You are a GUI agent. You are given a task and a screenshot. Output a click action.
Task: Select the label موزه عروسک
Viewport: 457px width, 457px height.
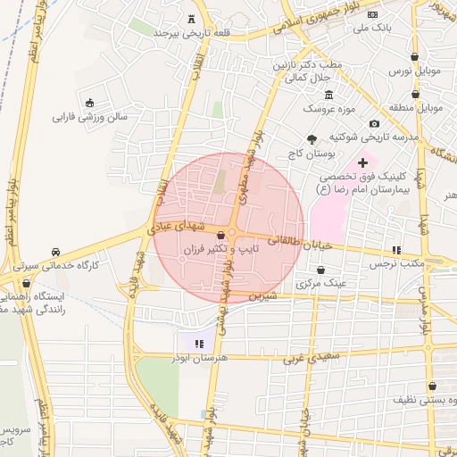tap(329, 108)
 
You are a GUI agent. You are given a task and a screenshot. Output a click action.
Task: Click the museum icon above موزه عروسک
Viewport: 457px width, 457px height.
tap(329, 95)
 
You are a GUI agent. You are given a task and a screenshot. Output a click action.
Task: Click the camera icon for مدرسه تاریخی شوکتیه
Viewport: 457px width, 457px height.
tap(373, 123)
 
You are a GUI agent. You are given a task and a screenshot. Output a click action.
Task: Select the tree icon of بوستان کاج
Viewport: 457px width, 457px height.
tap(311, 138)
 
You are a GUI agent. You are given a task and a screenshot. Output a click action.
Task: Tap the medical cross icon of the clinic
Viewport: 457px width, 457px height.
tap(361, 162)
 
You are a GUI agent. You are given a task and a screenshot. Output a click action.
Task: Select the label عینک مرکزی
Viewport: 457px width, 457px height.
tap(320, 283)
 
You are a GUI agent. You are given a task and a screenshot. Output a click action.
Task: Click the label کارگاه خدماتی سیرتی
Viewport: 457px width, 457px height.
tap(56, 265)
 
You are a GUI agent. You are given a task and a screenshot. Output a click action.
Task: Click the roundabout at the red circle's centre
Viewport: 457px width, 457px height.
tap(230, 235)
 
